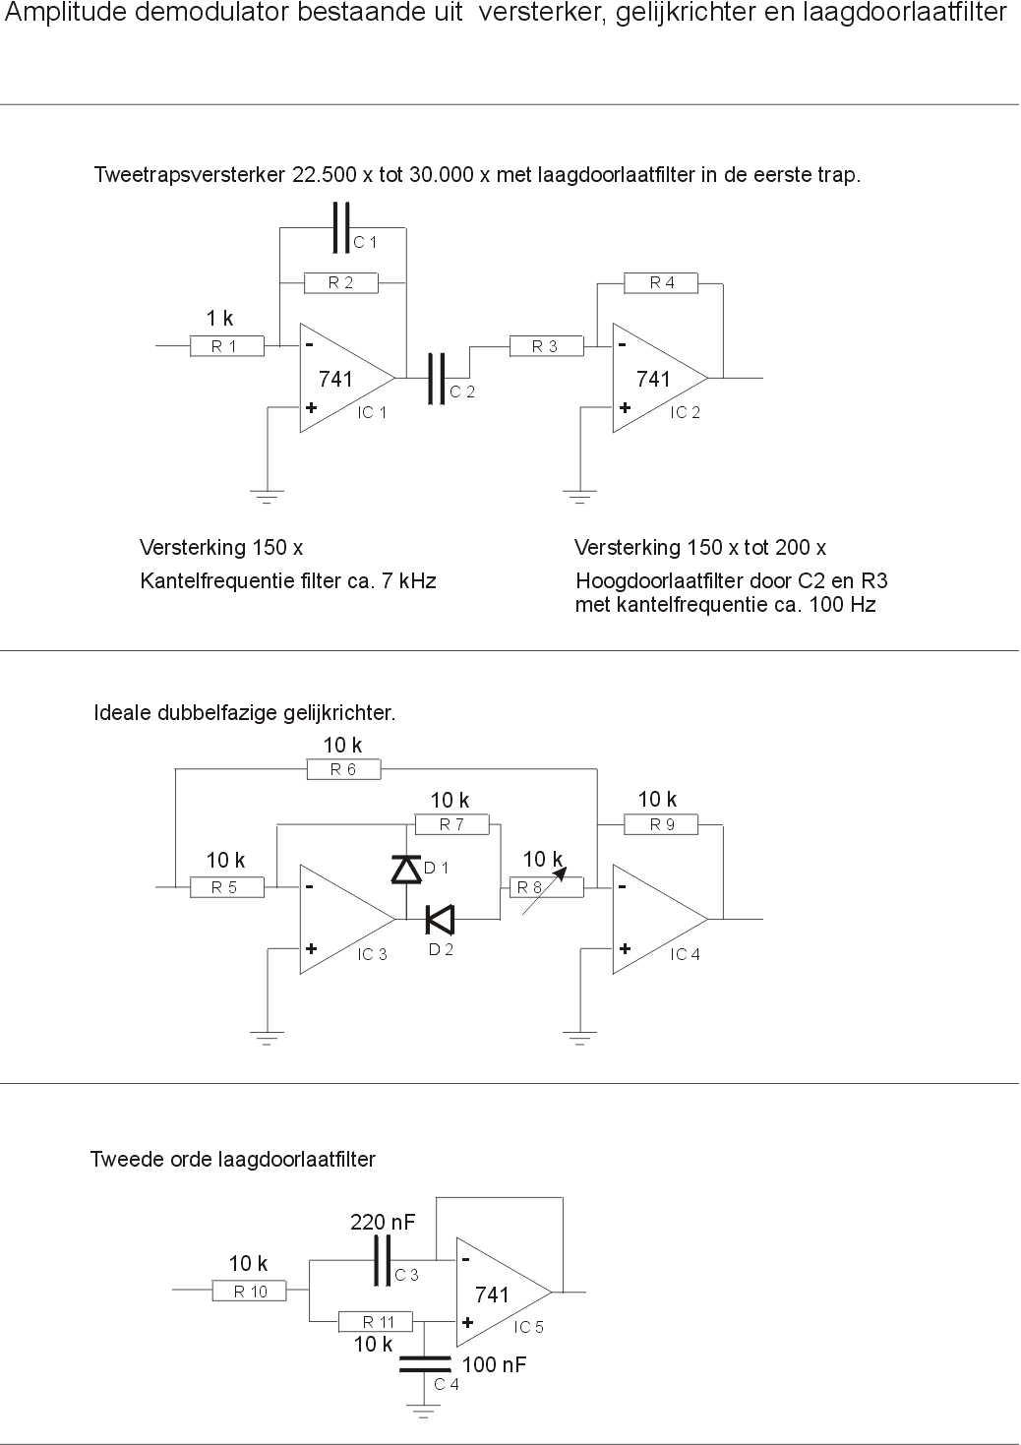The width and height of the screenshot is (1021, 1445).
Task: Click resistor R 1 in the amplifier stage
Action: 227,346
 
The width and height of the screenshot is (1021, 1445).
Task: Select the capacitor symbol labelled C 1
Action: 342,227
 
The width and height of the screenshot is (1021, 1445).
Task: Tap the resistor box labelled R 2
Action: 341,282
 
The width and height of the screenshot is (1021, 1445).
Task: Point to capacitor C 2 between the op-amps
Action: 437,379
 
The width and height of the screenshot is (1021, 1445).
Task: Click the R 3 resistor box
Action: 546,346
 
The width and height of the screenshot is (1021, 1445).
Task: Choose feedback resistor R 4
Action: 661,282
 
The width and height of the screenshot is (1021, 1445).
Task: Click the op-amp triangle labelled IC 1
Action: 347,378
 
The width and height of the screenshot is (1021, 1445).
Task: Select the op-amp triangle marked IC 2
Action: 660,378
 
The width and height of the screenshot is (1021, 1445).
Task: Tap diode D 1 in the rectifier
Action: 406,869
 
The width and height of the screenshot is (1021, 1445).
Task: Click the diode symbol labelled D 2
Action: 440,920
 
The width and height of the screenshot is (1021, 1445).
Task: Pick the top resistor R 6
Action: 343,769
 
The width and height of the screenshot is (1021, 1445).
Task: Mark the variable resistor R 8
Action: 546,887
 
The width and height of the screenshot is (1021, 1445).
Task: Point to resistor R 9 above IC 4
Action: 661,824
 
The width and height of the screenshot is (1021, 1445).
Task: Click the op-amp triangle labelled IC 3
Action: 347,920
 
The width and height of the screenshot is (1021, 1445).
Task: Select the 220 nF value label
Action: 383,1222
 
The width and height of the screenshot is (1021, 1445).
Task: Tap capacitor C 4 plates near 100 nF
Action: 425,1363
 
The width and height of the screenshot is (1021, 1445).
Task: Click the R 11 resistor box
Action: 376,1322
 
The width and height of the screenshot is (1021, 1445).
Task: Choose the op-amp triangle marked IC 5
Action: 505,1292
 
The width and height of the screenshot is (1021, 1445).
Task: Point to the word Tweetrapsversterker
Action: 190,175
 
